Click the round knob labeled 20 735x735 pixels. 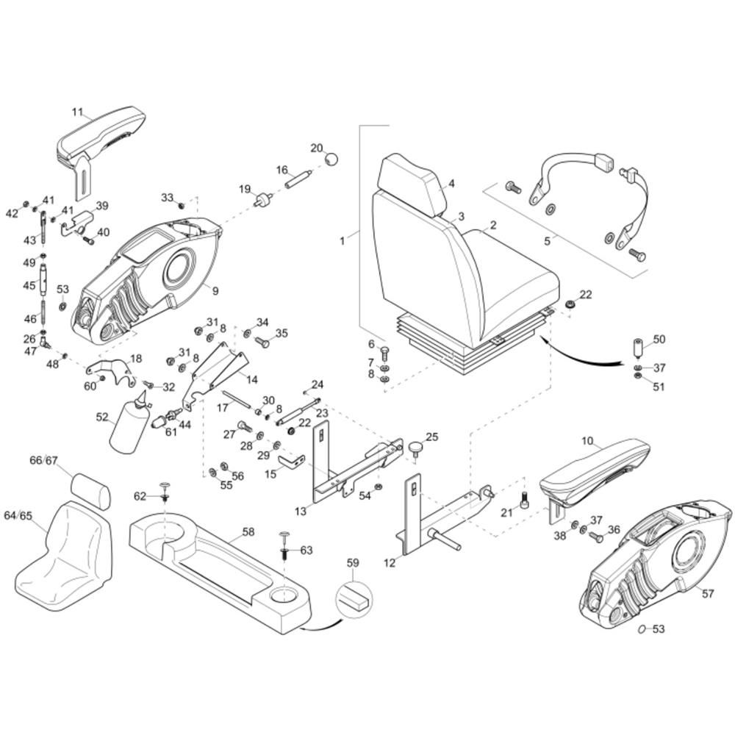coord(332,159)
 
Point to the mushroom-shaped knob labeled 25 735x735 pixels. coord(415,447)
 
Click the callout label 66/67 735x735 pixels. coord(43,460)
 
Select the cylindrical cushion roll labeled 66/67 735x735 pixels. coord(91,490)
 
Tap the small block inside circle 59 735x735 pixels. coord(353,596)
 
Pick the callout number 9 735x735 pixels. coord(215,291)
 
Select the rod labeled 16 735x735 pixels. coord(298,179)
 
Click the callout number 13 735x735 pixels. coord(301,511)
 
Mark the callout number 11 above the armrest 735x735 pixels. coord(77,112)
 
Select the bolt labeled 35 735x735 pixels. coord(262,343)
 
